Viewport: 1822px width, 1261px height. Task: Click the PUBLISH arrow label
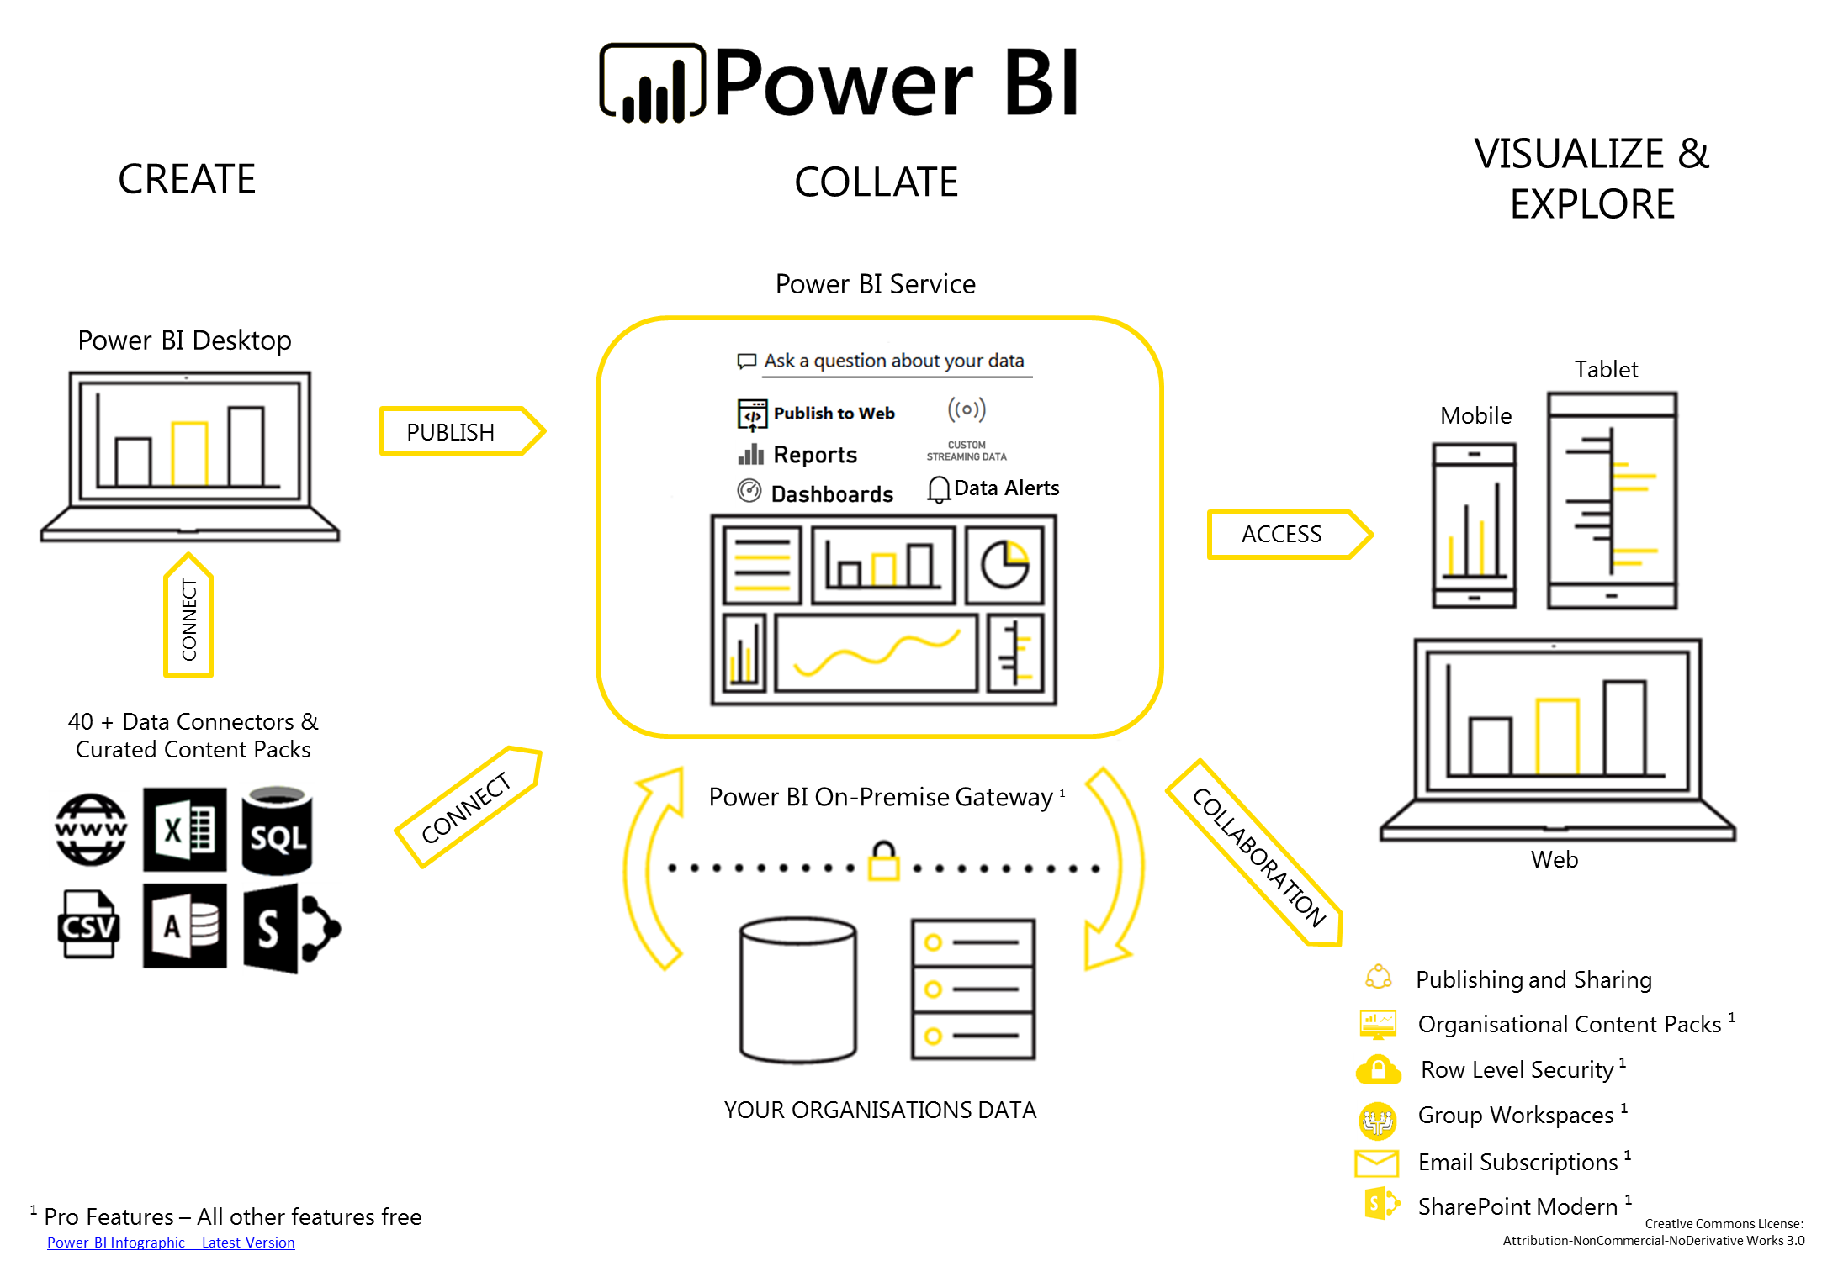click(452, 432)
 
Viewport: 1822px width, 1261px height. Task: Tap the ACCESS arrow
click(1282, 534)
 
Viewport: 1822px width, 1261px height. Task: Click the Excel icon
click(185, 830)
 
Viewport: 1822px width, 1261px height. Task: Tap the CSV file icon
click(88, 925)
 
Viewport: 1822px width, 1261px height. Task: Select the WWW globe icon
click(91, 830)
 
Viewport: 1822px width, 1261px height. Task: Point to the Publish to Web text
click(834, 414)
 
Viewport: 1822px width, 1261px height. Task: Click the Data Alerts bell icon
click(938, 489)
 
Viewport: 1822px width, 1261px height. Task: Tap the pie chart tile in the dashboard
click(1004, 564)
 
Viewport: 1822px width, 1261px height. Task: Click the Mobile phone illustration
click(1474, 525)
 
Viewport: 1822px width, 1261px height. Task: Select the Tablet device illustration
click(1612, 500)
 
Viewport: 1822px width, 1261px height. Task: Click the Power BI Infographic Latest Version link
click(171, 1243)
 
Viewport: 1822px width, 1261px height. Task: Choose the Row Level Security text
click(1517, 1069)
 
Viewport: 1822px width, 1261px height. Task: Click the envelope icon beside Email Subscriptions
click(1376, 1163)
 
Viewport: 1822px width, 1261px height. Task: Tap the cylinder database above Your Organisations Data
click(797, 990)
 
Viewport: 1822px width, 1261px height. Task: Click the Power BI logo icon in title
click(652, 83)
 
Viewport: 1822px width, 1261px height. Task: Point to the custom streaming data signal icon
click(967, 410)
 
